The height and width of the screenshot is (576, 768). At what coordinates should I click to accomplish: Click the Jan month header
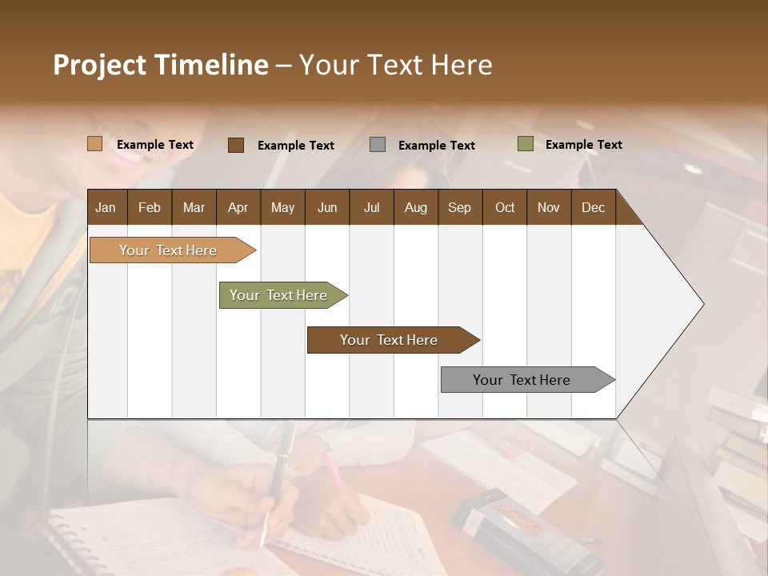106,208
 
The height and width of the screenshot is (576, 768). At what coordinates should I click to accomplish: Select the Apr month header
238,208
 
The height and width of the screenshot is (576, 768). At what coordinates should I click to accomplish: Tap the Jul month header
371,208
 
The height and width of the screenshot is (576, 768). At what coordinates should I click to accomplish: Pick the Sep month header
459,208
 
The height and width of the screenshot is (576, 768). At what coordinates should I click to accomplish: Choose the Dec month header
593,208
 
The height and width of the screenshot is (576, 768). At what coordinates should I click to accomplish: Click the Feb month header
150,208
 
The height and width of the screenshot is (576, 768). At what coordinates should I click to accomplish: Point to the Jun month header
327,208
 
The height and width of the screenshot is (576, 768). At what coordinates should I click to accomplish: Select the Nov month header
548,208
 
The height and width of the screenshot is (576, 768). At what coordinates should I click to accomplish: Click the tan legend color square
94,144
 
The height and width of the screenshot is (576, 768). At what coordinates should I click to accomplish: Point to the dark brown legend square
235,145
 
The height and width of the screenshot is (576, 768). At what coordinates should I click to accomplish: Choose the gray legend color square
377,145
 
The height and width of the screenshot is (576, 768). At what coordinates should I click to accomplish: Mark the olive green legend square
525,144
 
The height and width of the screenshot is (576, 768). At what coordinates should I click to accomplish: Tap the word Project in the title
99,65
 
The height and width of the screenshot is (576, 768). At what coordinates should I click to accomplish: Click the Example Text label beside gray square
436,146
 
